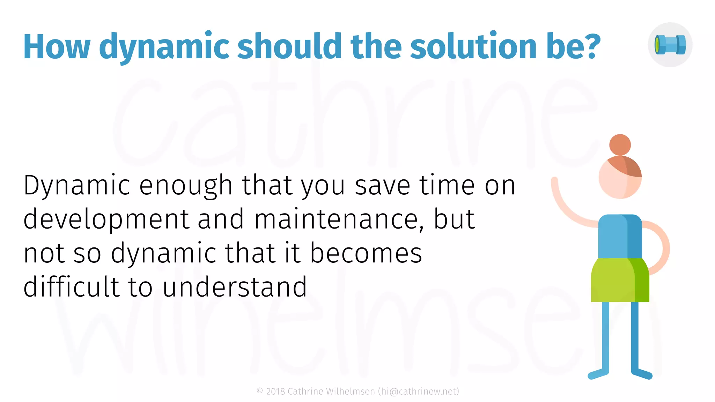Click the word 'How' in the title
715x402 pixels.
(x=57, y=47)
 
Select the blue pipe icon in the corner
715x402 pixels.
(x=670, y=45)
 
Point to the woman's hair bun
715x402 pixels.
(x=620, y=144)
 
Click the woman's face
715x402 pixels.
(x=614, y=181)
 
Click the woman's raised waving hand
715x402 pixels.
(x=554, y=181)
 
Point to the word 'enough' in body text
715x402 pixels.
(x=186, y=185)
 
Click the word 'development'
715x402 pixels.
(x=106, y=219)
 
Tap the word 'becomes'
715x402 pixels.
(x=366, y=253)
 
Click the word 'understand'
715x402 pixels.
(x=235, y=287)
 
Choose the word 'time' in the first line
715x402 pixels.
(x=447, y=185)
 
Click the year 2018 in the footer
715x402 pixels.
(x=275, y=392)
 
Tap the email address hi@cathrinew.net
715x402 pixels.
(x=418, y=392)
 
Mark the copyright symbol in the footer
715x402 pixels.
(x=260, y=391)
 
